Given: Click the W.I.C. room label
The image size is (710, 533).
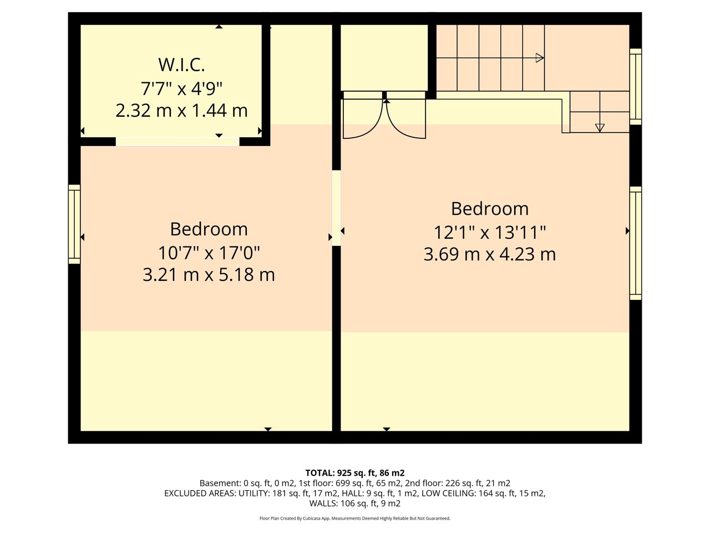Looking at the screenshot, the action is click(181, 65).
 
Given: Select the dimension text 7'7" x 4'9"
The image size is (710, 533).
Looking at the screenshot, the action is click(181, 88).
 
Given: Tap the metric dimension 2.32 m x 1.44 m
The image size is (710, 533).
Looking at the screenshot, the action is click(181, 110).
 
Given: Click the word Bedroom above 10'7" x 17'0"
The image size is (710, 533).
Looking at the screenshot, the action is click(209, 229).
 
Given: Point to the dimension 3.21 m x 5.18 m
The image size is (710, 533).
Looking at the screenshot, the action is click(209, 275).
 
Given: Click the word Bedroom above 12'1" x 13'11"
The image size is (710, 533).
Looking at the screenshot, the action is click(490, 209).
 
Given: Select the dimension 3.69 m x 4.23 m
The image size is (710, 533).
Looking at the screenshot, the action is click(490, 254).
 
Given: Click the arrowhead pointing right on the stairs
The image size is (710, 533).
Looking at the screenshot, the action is click(540, 58).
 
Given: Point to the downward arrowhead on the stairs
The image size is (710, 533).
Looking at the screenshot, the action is click(600, 128).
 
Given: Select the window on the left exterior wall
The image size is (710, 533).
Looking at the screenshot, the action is click(74, 224).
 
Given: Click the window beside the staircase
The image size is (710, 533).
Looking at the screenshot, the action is click(636, 87).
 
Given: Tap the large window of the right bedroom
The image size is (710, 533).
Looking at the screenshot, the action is click(636, 243).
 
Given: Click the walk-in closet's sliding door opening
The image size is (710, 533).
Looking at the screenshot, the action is click(177, 142).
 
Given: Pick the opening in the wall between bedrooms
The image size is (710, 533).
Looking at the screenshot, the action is click(336, 208).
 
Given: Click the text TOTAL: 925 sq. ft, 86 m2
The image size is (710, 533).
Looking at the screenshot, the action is click(355, 473).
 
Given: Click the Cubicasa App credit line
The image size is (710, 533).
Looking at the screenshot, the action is click(355, 519).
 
